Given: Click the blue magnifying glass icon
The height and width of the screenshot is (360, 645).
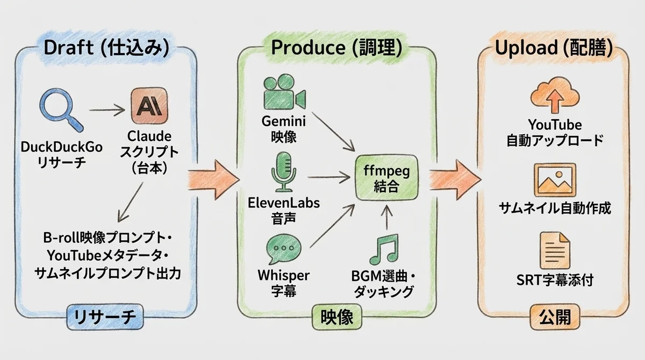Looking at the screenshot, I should point(58,109).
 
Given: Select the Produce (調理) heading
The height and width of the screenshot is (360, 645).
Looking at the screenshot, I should point(337,48).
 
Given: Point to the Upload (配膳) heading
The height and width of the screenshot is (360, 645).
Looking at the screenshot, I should point(554,48).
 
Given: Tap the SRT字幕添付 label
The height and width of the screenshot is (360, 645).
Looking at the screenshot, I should point(555,280).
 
